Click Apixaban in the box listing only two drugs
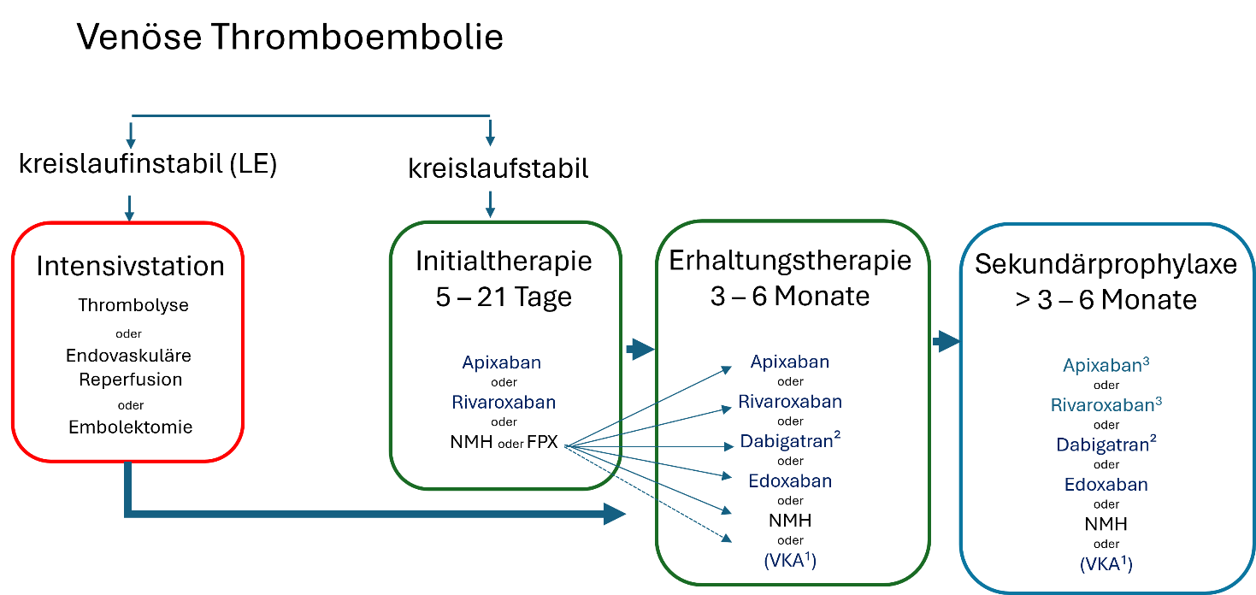pyautogui.click(x=501, y=362)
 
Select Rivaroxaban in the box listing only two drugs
pyautogui.click(x=504, y=402)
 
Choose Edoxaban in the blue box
pyautogui.click(x=1106, y=485)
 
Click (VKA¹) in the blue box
pyautogui.click(x=1106, y=564)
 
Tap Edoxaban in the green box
pyautogui.click(x=790, y=480)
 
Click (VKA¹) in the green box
pyautogui.click(x=790, y=561)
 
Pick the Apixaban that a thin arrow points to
pyautogui.click(x=789, y=362)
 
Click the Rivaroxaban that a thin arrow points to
pyautogui.click(x=790, y=401)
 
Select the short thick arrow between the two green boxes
pyautogui.click(x=639, y=349)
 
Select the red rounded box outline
pyautogui.click(x=12, y=342)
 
